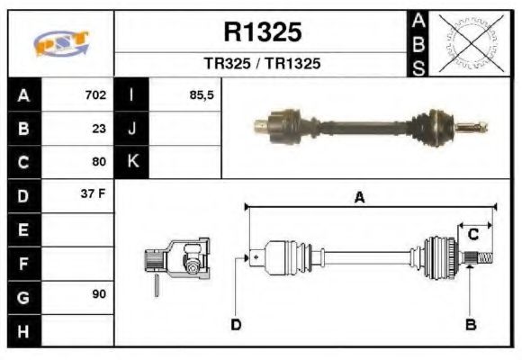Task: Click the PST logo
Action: click(x=60, y=43)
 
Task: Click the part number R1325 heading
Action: click(x=262, y=32)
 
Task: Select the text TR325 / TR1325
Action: click(x=262, y=65)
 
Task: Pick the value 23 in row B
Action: click(x=99, y=129)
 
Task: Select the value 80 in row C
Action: click(x=99, y=162)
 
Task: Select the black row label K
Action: click(x=132, y=162)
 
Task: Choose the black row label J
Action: click(x=132, y=129)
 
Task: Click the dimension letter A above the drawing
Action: click(x=359, y=198)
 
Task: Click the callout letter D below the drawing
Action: click(x=236, y=324)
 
